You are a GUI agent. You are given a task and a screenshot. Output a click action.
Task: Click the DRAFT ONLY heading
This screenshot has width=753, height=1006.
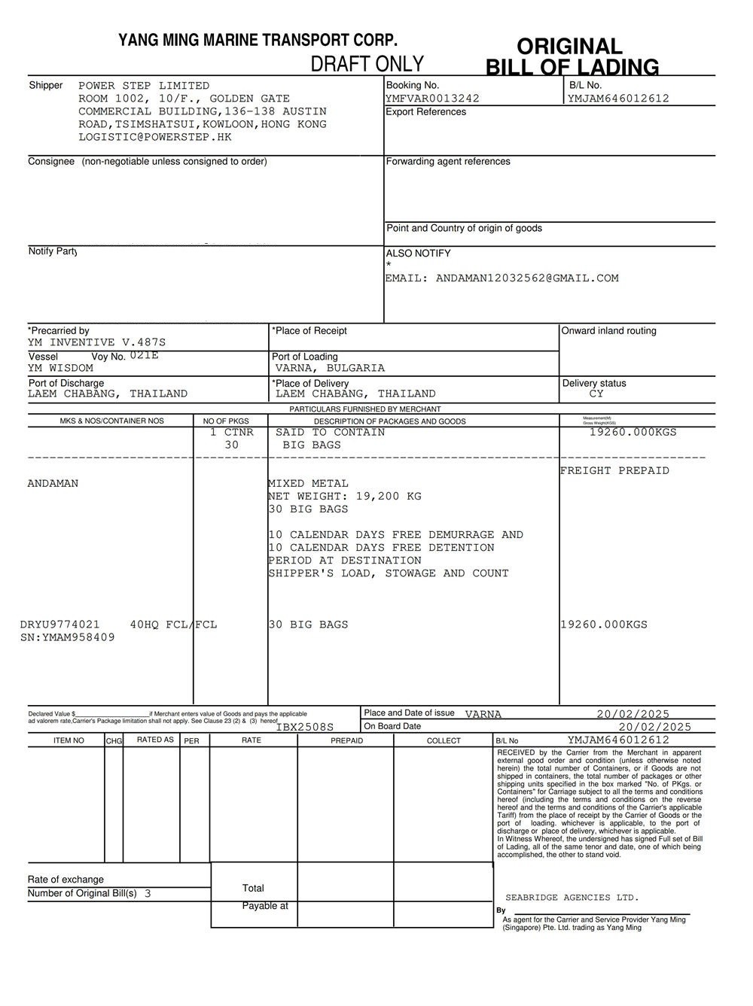tap(367, 64)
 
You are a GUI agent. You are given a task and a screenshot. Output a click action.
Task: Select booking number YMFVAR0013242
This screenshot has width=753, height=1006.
tap(432, 99)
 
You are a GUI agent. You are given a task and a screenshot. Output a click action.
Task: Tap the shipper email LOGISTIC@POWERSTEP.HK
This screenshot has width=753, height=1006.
tap(155, 137)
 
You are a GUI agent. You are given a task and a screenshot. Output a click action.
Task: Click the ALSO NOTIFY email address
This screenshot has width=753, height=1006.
tap(501, 278)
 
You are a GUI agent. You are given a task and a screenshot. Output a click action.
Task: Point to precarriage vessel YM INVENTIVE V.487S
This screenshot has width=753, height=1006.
tap(96, 342)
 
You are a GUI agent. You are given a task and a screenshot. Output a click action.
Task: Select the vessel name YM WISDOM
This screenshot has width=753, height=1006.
tap(60, 368)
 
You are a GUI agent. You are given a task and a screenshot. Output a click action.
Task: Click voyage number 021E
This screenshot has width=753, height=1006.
tap(144, 355)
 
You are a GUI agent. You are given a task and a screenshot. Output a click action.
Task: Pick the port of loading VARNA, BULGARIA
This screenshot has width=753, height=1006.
tap(330, 368)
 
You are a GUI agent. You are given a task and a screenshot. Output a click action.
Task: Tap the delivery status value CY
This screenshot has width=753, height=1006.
tap(596, 394)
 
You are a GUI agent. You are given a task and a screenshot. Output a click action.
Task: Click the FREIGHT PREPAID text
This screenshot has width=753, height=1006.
tap(614, 471)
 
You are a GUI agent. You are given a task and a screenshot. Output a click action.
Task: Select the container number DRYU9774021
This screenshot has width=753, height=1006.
tap(60, 625)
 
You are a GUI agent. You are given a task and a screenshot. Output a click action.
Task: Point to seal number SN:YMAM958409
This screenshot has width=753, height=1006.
tap(68, 637)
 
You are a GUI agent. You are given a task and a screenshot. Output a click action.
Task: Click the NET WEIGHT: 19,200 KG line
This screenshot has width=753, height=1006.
tap(345, 497)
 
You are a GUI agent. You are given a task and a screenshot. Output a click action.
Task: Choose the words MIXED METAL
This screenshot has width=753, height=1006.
tap(309, 484)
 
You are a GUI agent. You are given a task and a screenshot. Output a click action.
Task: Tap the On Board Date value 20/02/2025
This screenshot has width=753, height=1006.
tap(654, 727)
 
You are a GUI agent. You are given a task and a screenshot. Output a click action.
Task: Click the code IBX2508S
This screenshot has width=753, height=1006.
tap(304, 727)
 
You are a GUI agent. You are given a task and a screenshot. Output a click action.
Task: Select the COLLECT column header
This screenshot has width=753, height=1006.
tap(444, 740)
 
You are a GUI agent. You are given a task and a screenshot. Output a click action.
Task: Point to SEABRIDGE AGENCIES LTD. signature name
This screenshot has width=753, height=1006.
tap(572, 898)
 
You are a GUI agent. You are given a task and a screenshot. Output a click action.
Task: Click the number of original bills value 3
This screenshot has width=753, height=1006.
tap(148, 894)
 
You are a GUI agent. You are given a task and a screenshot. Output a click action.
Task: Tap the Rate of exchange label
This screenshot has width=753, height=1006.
tap(66, 880)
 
